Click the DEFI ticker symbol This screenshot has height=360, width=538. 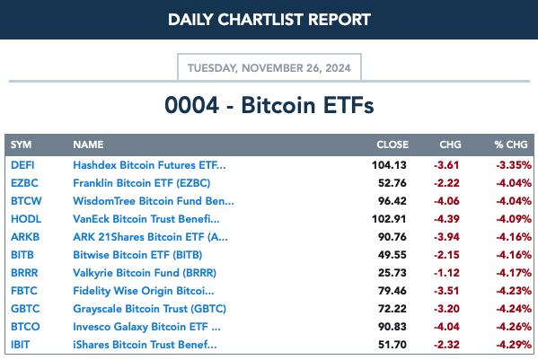[x=22, y=165]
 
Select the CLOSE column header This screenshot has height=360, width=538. [x=392, y=145]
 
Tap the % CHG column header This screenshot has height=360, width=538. [x=511, y=145]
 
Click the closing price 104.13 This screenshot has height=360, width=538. [x=389, y=165]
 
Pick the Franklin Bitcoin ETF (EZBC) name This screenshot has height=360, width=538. [x=141, y=183]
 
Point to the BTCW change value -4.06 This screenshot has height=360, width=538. [x=446, y=201]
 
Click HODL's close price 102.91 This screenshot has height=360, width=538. [x=389, y=219]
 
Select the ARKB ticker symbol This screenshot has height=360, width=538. [x=25, y=237]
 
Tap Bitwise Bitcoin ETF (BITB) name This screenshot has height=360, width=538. [x=137, y=255]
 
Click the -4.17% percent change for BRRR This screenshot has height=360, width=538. [x=514, y=273]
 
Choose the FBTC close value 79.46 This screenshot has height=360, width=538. [x=392, y=291]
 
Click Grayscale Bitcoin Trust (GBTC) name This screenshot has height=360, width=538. [x=149, y=309]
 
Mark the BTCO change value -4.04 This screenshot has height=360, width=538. [x=446, y=327]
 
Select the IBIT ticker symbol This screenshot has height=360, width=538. [x=21, y=345]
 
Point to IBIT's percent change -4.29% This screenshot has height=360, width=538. [x=514, y=345]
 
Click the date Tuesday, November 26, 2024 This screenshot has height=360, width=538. [x=269, y=68]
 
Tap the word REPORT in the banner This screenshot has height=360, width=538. [x=340, y=20]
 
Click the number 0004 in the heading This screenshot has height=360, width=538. [x=191, y=105]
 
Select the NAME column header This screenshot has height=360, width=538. [x=88, y=145]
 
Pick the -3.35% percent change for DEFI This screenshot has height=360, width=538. [x=514, y=165]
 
